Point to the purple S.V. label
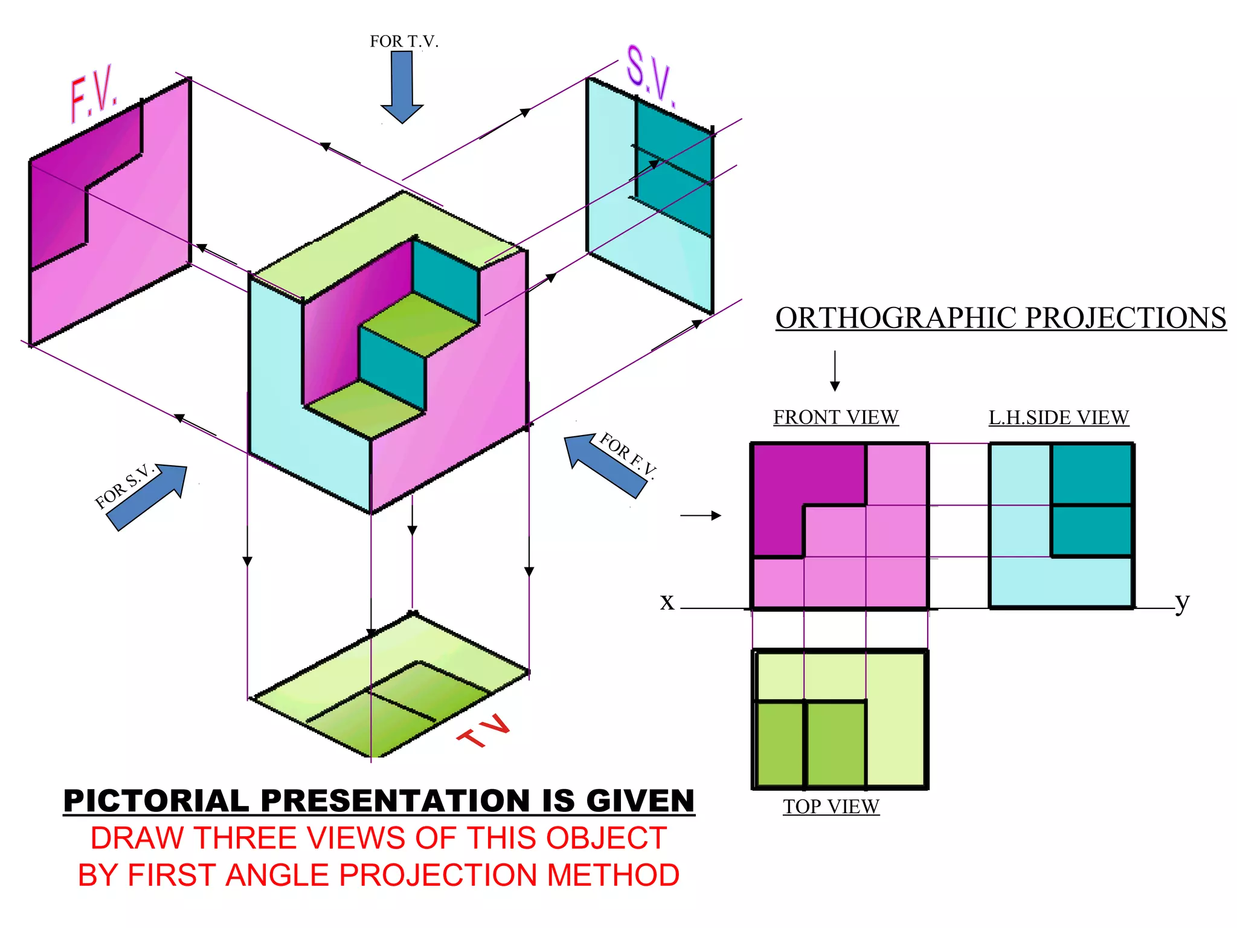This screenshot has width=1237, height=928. point(650,75)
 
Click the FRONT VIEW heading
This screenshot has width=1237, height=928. point(835,417)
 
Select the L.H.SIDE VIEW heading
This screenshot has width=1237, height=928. point(1058,417)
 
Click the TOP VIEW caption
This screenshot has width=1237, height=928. point(831,807)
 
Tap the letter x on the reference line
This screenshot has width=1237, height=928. point(667,602)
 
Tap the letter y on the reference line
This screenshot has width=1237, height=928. point(1182,602)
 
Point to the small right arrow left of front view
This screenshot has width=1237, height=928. point(701,515)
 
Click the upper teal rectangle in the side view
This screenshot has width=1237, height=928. point(1091,474)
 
